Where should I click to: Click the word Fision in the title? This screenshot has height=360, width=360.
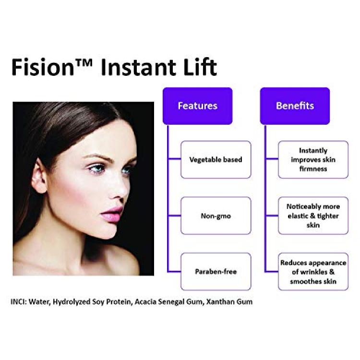(x=43, y=67)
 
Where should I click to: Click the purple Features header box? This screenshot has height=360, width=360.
(x=197, y=106)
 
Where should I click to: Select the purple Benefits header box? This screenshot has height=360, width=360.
(x=295, y=106)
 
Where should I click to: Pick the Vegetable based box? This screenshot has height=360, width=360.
(x=216, y=159)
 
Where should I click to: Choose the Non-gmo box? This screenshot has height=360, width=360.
(x=216, y=216)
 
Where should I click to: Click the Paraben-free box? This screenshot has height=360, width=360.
(x=216, y=272)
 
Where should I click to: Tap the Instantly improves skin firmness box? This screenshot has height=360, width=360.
(x=313, y=159)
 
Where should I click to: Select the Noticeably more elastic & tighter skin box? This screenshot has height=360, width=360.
(x=313, y=216)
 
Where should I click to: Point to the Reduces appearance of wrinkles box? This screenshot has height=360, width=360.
(x=313, y=272)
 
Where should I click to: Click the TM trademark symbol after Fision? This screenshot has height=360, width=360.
(x=84, y=63)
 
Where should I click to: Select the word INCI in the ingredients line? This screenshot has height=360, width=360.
(x=19, y=301)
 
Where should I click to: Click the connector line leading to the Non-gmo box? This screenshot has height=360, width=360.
(x=175, y=216)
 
